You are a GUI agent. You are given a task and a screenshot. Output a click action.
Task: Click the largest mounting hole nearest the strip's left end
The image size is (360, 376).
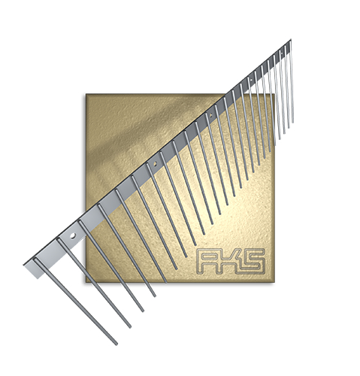pyautogui.click(x=73, y=235)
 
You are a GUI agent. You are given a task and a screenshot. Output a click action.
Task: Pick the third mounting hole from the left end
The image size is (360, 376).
pyautogui.click(x=210, y=116)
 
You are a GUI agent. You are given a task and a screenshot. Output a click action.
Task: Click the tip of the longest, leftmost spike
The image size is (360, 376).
pyautogui.click(x=116, y=344)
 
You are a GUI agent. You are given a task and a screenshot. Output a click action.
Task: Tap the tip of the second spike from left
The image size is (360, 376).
pyautogui.click(x=130, y=326)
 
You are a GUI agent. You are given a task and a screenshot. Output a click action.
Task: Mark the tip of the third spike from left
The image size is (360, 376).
pyautogui.click(x=143, y=311)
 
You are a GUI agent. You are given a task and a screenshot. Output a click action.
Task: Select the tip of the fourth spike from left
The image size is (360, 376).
pyautogui.click(x=155, y=296)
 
